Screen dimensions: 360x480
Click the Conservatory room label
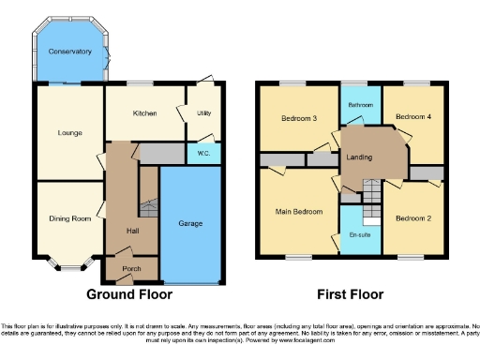point(70,52)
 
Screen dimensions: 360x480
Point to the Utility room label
point(203,113)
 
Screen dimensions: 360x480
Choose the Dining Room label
point(69,218)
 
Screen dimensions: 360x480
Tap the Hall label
point(133,230)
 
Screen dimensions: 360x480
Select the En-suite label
point(358,233)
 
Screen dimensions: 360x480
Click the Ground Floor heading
point(129,293)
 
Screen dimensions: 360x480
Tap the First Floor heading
point(350,293)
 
